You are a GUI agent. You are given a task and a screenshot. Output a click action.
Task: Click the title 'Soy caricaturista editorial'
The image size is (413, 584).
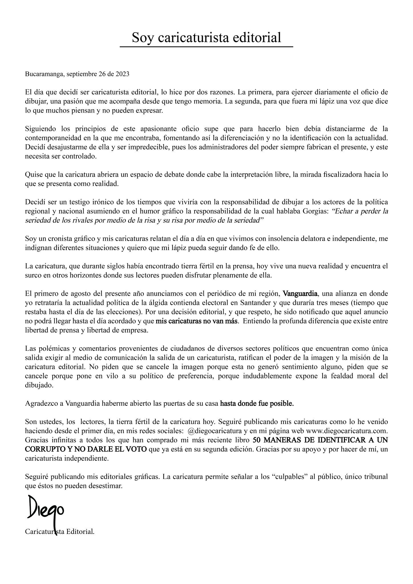pyautogui.click(x=206, y=37)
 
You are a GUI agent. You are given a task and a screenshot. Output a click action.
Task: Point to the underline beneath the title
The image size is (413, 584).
pyautogui.click(x=206, y=46)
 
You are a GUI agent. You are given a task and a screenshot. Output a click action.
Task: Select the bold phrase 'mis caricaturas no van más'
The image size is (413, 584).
pyautogui.click(x=197, y=321)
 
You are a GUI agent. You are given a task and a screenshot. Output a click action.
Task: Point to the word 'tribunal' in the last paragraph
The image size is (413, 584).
pyautogui.click(x=377, y=477)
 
